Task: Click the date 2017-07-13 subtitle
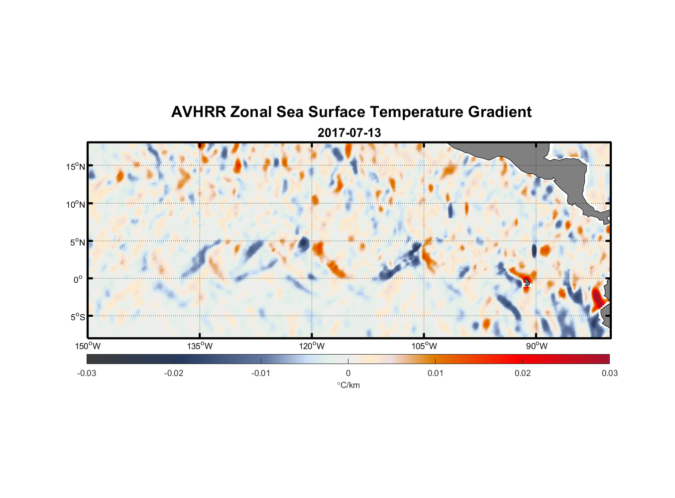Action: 349,133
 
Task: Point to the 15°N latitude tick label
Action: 76,166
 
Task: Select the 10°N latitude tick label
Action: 76,204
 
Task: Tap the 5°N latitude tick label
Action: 77,242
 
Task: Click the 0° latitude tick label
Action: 78,279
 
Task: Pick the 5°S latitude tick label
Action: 77,317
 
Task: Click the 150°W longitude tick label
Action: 88,346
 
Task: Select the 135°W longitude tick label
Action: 200,346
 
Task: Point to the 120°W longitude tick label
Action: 312,346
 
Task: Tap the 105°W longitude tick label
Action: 424,346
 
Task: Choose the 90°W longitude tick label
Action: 536,346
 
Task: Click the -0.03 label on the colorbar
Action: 87,373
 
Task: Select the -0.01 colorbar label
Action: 261,373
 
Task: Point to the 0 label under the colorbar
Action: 348,373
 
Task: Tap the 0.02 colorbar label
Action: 523,373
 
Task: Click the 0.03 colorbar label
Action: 609,373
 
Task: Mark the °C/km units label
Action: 348,385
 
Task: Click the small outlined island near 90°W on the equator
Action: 527,282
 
